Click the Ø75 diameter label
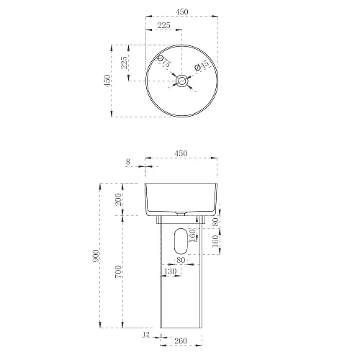click(165, 63)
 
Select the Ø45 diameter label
click(204, 66)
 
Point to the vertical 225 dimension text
click(123, 63)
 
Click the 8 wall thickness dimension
click(128, 163)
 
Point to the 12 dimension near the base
click(146, 334)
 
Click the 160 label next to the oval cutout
click(192, 235)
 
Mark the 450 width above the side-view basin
click(181, 153)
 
